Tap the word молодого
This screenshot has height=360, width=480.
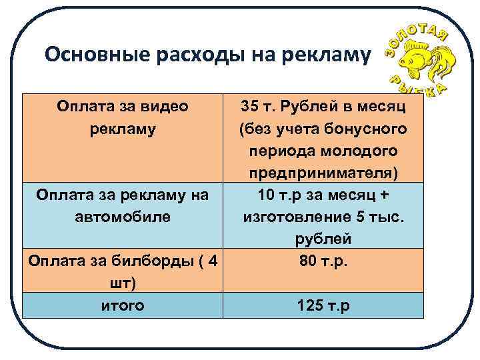(x=363, y=151)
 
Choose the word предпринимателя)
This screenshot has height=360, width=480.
(x=323, y=173)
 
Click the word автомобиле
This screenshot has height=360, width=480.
(x=123, y=217)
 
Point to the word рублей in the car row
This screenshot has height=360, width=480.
(x=323, y=239)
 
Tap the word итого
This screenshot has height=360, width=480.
(x=123, y=305)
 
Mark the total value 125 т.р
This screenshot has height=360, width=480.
(x=324, y=306)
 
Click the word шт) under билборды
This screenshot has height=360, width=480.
(x=123, y=283)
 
